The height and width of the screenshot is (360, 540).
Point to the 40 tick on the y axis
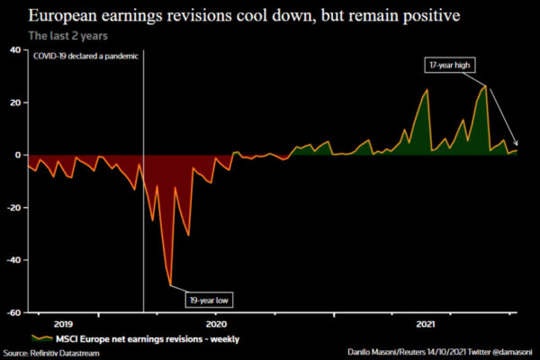pyautogui.click(x=14, y=49)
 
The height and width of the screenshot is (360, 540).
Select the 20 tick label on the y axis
pyautogui.click(x=14, y=102)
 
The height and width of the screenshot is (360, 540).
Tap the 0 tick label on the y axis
pyautogui.click(x=17, y=155)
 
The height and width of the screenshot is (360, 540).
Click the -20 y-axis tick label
pyautogui.click(x=13, y=207)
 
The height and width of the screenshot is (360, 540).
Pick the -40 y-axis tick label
pyautogui.click(x=13, y=259)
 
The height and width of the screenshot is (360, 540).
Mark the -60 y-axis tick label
pyautogui.click(x=13, y=312)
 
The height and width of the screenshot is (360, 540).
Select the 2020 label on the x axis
pyautogui.click(x=216, y=321)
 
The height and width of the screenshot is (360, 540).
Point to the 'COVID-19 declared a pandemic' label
pyautogui.click(x=85, y=57)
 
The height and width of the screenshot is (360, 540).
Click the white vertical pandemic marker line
pyautogui.click(x=144, y=225)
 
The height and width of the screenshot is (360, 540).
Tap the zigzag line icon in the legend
pyautogui.click(x=40, y=337)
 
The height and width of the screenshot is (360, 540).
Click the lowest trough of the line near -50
pyautogui.click(x=171, y=286)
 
